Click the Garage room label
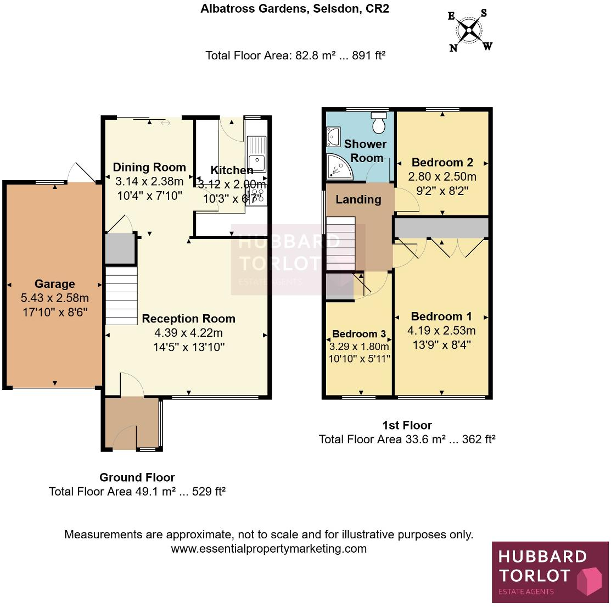point(54,284)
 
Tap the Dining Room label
point(149,168)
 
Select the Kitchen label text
point(232,171)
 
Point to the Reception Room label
point(188,319)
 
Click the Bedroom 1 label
point(441,316)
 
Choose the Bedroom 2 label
point(442,163)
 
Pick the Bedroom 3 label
point(358,334)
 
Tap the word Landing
point(358,199)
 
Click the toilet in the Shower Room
point(379,123)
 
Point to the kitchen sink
point(256,154)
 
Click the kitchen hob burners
point(257,194)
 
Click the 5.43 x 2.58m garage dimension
point(54,299)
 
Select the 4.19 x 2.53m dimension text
point(441,331)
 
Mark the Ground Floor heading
point(137,477)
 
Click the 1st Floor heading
point(407,425)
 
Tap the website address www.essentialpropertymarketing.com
point(268,548)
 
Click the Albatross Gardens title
point(295,9)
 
